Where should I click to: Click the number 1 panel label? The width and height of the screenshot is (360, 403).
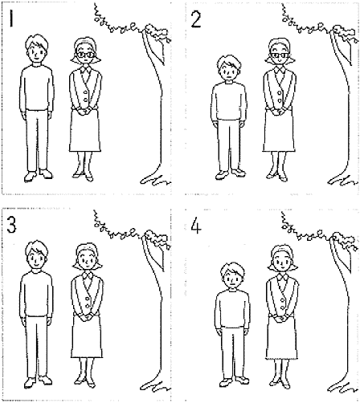pos(11,18)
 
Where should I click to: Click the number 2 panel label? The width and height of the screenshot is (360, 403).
pos(196,18)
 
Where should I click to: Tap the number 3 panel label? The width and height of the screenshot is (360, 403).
pos(11,224)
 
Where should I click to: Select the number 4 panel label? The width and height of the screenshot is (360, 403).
pos(196,226)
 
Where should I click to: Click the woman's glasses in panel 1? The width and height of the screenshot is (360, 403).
pos(86,55)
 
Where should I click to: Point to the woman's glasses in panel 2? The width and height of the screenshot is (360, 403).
pos(280,55)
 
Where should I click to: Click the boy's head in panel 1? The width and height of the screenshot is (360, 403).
pos(37,49)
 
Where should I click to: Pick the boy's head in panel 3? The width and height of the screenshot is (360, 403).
pos(37,255)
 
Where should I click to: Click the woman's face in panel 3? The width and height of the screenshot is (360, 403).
pos(88,259)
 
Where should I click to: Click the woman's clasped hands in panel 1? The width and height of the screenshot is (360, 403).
pos(84,111)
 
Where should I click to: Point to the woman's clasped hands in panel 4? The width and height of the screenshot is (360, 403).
pos(282,319)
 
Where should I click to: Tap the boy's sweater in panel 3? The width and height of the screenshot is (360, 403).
pos(36,295)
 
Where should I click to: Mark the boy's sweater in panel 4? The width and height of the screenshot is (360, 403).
pos(232,310)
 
